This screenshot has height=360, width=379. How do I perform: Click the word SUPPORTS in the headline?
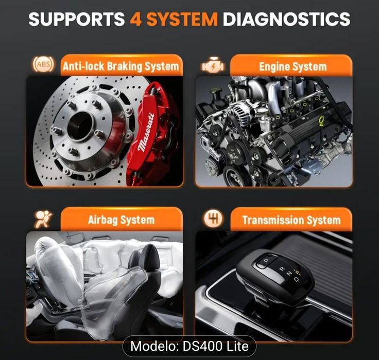(x=77, y=19)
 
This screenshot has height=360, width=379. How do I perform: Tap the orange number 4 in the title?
(x=135, y=19)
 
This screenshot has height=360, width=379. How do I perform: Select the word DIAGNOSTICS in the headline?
(x=286, y=19)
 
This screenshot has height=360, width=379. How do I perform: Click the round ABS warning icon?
(x=43, y=64)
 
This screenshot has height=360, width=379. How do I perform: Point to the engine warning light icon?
(x=213, y=66)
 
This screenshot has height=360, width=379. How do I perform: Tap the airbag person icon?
(x=43, y=219)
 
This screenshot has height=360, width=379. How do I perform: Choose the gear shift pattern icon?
(x=213, y=219)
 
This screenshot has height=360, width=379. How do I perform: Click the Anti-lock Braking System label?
(x=121, y=66)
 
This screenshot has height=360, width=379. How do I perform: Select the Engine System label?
(x=292, y=67)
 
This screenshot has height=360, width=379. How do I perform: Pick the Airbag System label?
(x=122, y=220)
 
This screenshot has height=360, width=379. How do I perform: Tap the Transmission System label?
(x=291, y=220)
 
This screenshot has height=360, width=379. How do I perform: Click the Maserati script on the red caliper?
(x=146, y=132)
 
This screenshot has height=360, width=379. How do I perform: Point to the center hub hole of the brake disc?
(x=80, y=126)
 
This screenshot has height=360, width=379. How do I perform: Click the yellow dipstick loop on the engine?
(x=321, y=121)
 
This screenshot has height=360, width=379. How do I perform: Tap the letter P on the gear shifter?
(x=267, y=261)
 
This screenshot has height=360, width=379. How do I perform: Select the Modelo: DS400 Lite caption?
(x=189, y=346)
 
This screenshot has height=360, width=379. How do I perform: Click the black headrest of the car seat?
(x=150, y=257)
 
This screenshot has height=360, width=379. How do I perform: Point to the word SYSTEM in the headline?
(x=182, y=19)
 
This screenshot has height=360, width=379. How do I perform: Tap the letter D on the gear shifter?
(x=296, y=279)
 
